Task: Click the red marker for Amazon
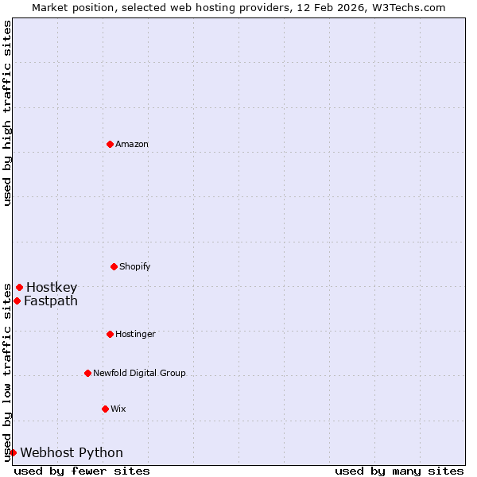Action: click(x=110, y=144)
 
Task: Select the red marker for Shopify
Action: click(x=114, y=266)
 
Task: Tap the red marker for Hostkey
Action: click(x=19, y=287)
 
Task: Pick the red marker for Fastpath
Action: click(x=17, y=301)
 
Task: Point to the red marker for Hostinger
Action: click(x=110, y=334)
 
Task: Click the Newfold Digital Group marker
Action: click(x=87, y=373)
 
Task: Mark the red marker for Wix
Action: click(x=105, y=409)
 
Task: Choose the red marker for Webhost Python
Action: click(x=13, y=452)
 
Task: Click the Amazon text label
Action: click(x=132, y=144)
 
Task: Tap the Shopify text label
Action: click(x=135, y=266)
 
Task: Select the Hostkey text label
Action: click(x=52, y=287)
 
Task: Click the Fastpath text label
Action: click(x=51, y=301)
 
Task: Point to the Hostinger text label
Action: click(x=135, y=334)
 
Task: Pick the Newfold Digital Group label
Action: click(x=139, y=373)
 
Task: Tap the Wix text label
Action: click(x=118, y=409)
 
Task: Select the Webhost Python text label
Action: click(x=72, y=452)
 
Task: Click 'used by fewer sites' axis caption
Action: click(x=82, y=471)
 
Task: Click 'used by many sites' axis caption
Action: click(x=399, y=471)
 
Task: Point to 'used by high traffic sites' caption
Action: click(x=7, y=113)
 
